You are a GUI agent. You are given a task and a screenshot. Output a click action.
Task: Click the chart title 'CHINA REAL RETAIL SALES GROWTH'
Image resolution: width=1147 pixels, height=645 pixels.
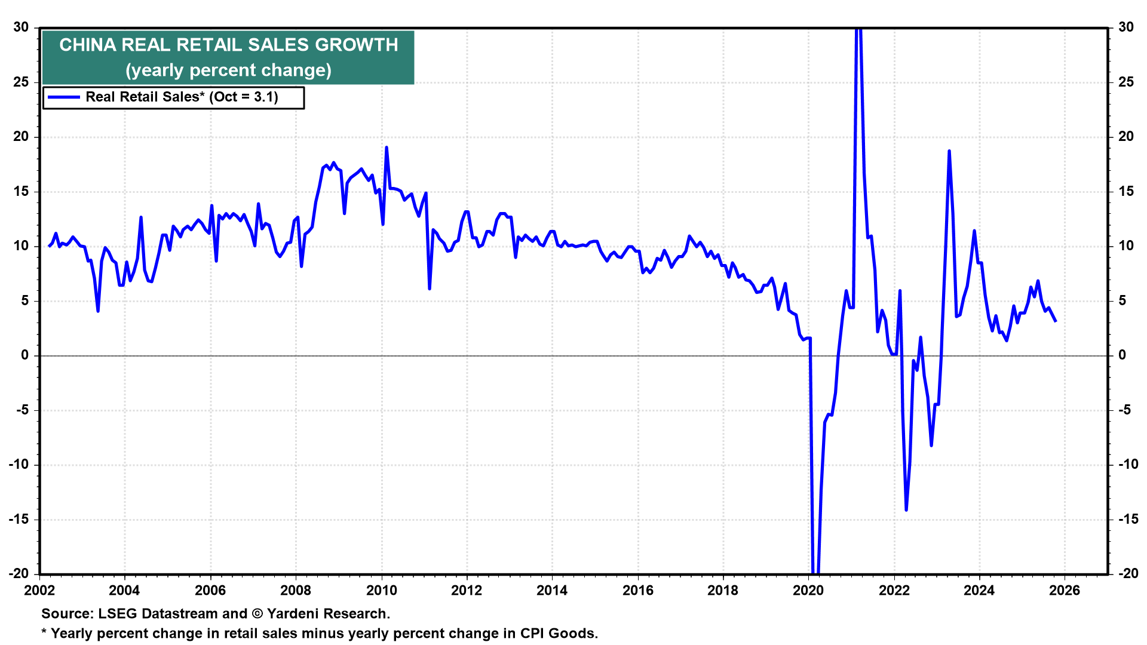click(228, 45)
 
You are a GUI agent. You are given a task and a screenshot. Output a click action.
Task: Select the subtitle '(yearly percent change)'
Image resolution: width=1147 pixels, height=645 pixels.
click(228, 70)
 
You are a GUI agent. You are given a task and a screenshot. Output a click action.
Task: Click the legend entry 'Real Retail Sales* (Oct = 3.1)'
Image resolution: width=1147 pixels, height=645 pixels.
click(182, 97)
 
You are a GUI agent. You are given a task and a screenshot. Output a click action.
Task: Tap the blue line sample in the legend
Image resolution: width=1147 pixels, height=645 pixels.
click(63, 97)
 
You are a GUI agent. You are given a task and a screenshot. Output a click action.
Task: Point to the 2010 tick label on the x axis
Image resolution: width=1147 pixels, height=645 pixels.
click(381, 591)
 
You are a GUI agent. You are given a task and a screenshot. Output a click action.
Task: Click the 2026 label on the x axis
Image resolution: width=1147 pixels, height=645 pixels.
click(1065, 591)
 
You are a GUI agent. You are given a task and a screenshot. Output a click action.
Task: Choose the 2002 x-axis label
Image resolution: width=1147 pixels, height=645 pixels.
click(39, 591)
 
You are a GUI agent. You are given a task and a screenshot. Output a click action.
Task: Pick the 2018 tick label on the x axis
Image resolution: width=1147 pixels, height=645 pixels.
click(723, 591)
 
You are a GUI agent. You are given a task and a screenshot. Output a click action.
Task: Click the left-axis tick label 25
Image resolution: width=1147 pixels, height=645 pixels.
click(22, 82)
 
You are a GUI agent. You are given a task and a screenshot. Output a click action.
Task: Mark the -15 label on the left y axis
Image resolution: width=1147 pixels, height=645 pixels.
click(19, 519)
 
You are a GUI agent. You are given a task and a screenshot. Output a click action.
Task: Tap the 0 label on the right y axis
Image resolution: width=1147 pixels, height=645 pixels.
click(1122, 355)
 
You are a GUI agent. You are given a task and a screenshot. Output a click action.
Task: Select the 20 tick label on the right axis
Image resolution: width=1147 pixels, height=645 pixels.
click(1125, 137)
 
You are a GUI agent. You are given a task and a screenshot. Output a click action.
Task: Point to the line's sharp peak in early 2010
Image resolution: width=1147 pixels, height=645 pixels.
click(387, 147)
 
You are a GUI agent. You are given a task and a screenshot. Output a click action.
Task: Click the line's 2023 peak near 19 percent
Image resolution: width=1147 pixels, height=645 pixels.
click(949, 151)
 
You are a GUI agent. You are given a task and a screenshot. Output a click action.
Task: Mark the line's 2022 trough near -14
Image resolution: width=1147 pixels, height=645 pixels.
click(906, 510)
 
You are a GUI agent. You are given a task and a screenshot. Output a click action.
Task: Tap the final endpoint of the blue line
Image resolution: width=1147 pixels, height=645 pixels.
click(1056, 321)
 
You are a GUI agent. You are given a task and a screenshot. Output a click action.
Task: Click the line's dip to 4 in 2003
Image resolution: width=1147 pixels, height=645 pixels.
click(98, 311)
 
